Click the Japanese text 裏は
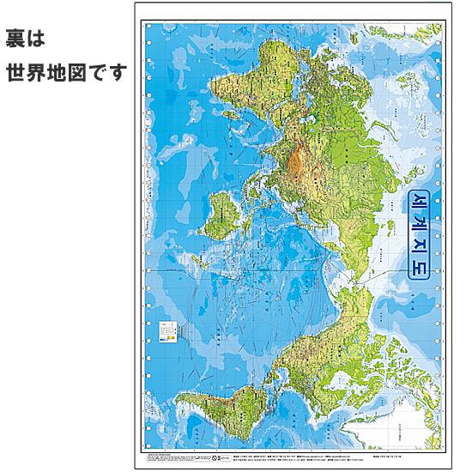click(25, 39)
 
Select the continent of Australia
click(221, 216)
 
